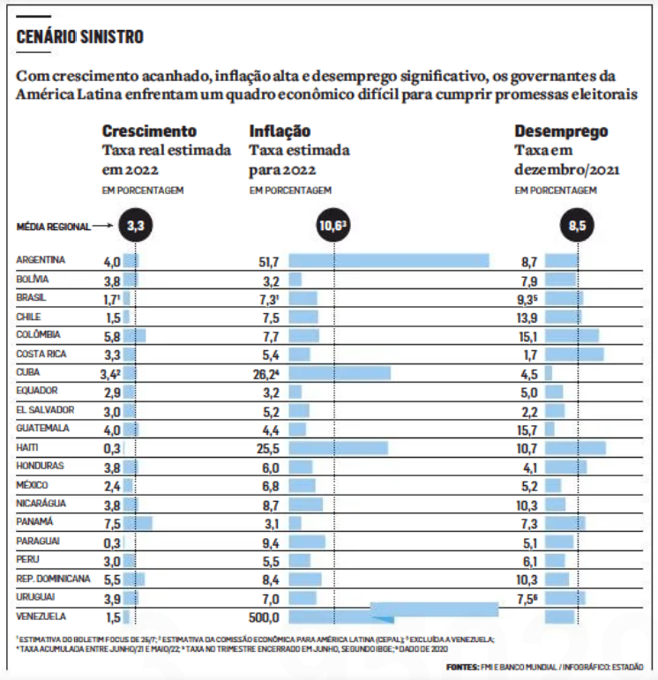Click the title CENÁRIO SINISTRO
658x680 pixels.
79,37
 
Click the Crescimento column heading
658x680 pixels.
149,131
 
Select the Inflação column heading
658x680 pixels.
280,131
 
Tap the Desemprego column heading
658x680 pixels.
561,131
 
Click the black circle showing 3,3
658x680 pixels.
136,225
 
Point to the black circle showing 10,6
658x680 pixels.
333,225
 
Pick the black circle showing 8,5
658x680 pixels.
578,225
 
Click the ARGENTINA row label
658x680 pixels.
41,260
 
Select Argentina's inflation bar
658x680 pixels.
389,261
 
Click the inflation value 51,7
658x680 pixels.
269,262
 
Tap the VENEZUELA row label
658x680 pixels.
41,616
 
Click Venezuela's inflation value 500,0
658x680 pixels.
264,617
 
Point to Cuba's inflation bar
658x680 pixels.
340,373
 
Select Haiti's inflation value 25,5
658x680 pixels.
268,448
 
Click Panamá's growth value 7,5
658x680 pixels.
112,524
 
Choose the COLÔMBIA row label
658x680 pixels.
38,334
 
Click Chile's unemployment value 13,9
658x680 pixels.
527,318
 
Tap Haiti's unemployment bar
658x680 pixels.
576,448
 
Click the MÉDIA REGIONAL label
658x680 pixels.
54,227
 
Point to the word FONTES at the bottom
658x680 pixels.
462,667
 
